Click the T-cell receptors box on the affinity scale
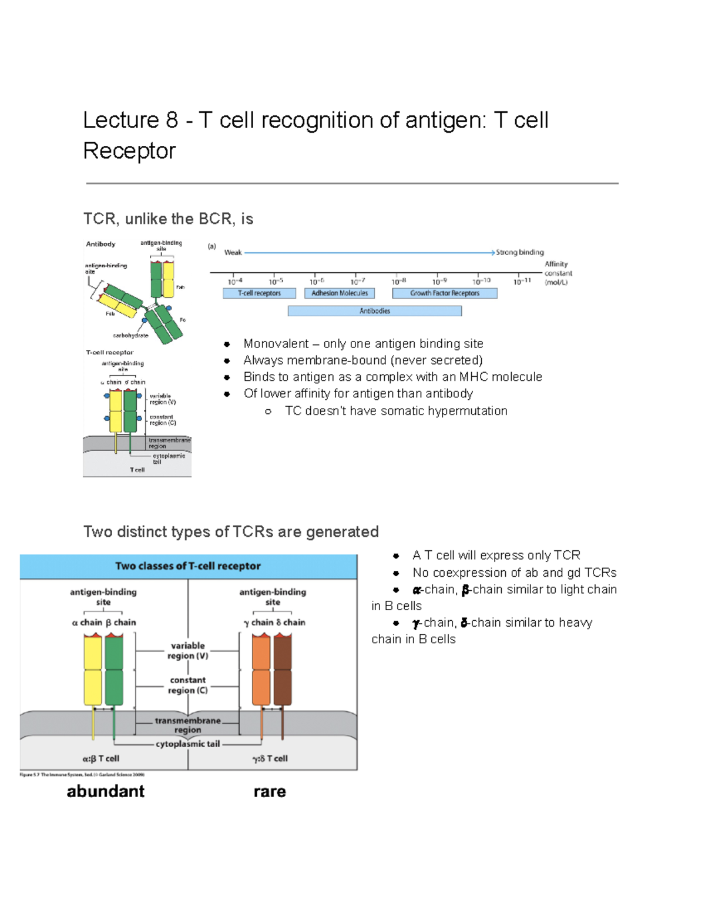click(259, 293)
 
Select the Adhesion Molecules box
click(340, 293)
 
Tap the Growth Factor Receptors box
click(445, 293)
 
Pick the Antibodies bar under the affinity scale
click(375, 311)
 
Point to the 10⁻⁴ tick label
click(235, 282)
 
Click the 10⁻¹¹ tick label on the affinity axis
click(522, 282)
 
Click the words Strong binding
click(520, 252)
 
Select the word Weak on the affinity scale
click(233, 252)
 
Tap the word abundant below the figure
click(106, 791)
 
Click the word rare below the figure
click(270, 791)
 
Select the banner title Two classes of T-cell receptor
click(188, 566)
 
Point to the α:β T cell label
click(101, 758)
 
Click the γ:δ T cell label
click(270, 758)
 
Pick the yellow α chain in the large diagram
click(93, 670)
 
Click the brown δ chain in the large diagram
click(283, 670)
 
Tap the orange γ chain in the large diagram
click(261, 670)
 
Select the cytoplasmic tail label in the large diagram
click(188, 744)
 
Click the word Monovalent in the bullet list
click(276, 343)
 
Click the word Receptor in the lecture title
click(129, 151)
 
